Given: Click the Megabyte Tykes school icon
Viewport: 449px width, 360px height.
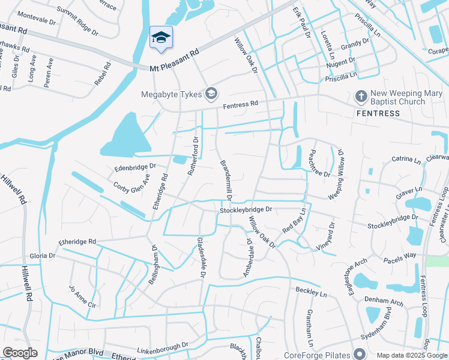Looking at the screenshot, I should (211, 93).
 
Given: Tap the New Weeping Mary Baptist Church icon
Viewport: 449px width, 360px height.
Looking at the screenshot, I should (361, 96).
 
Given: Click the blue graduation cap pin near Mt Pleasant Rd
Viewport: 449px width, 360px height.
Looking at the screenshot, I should (160, 38).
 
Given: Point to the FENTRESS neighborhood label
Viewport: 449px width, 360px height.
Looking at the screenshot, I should (378, 113).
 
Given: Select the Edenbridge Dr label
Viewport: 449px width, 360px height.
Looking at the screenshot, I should (135, 167).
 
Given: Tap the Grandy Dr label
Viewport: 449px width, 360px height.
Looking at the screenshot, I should (355, 44).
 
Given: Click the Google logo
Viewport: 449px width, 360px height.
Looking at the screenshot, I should (20, 353).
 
